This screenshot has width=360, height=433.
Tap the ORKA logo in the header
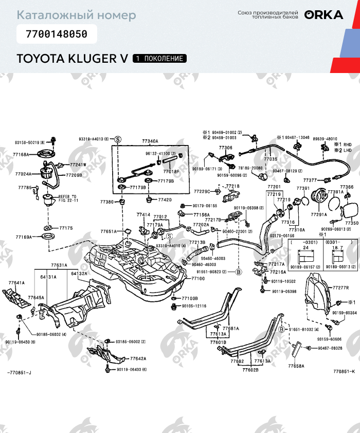(323, 15)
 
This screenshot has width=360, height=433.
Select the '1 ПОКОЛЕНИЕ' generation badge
(159, 58)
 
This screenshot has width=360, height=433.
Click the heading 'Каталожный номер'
(76, 15)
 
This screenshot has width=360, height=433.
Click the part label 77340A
(150, 141)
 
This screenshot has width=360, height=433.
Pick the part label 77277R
(340, 288)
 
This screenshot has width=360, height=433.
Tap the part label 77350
(351, 223)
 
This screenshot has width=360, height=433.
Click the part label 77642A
(138, 359)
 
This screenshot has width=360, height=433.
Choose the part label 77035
(271, 160)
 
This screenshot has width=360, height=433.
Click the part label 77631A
(59, 265)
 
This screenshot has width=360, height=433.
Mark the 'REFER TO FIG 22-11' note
(67, 199)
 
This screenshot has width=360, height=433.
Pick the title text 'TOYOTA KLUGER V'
(72, 58)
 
